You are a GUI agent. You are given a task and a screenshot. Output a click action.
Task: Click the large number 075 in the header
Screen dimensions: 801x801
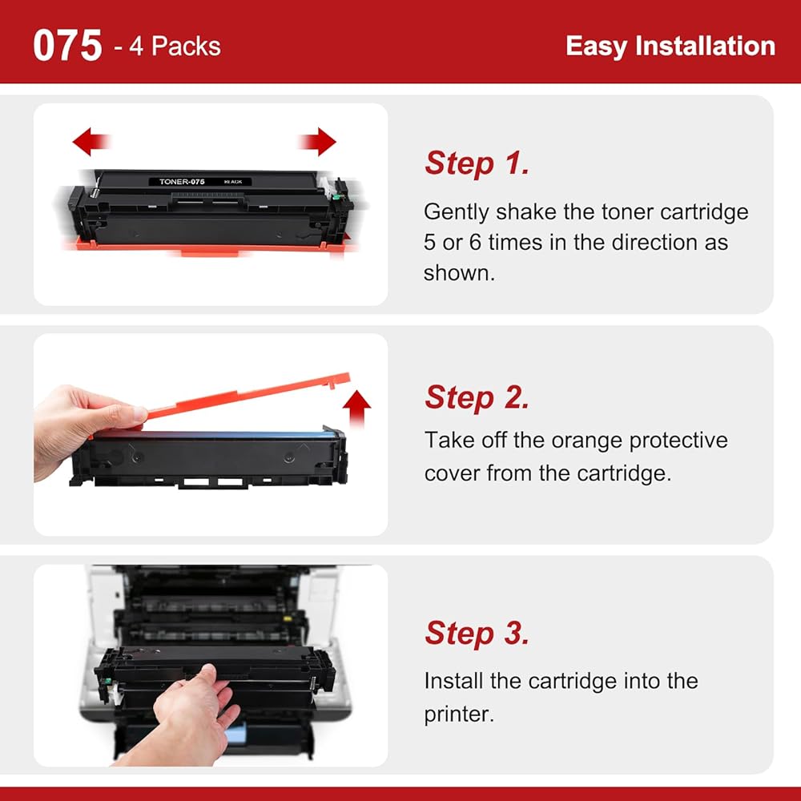(x=67, y=46)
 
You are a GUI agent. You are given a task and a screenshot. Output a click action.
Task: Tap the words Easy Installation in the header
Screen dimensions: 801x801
(x=670, y=46)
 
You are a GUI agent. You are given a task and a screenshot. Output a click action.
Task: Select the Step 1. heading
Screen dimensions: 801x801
(x=477, y=163)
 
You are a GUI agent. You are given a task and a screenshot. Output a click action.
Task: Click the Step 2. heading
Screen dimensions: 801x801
(x=477, y=397)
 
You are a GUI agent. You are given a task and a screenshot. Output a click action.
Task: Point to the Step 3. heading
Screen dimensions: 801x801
(x=477, y=633)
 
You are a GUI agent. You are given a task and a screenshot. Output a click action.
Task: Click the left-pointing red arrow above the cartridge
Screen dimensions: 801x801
(x=91, y=141)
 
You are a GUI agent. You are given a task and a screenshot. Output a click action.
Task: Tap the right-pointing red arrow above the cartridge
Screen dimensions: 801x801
(x=317, y=141)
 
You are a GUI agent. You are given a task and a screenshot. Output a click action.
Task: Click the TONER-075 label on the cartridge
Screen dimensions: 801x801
(x=182, y=181)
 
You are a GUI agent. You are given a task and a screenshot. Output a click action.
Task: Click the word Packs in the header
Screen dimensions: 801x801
(x=186, y=46)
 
